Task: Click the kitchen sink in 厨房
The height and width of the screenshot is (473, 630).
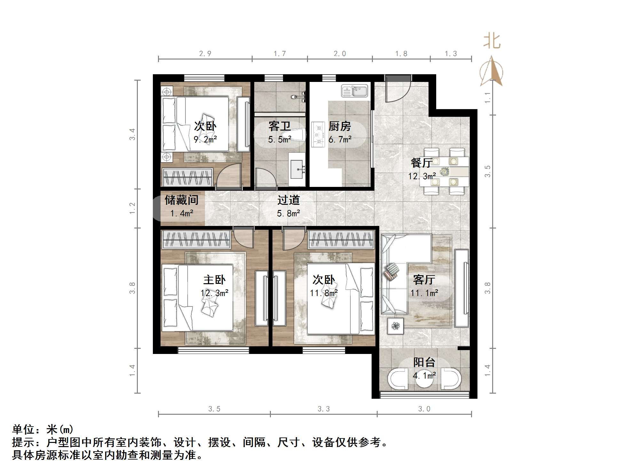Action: click(x=355, y=91)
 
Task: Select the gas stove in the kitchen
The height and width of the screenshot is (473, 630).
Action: click(x=318, y=135)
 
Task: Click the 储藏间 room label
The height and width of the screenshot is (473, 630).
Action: click(x=181, y=200)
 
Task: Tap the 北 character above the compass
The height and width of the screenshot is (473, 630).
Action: click(x=492, y=41)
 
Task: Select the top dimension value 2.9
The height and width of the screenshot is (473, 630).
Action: click(x=205, y=54)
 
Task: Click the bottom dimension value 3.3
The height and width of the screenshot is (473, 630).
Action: click(x=323, y=409)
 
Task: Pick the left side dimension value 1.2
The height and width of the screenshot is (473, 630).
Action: click(x=132, y=208)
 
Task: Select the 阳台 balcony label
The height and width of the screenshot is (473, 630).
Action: click(x=424, y=362)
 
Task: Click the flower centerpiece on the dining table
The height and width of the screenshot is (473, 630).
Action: click(x=444, y=172)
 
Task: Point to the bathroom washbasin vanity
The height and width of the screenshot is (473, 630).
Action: click(x=297, y=170)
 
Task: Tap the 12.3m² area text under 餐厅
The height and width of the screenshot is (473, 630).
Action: click(x=422, y=176)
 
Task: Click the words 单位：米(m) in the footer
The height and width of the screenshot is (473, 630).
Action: click(x=43, y=429)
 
